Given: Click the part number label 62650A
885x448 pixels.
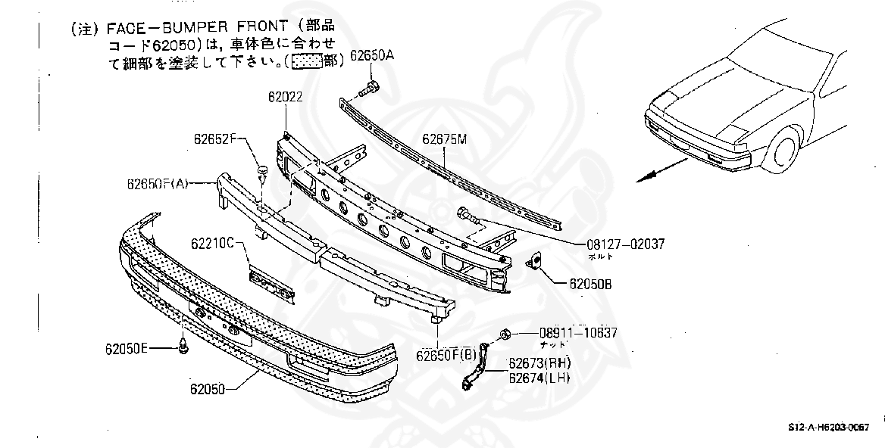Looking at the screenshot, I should (374, 58).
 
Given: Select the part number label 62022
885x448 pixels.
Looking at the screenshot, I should (285, 97).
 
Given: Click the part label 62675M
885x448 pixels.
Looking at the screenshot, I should (445, 138).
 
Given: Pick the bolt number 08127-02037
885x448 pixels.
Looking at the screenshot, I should (624, 244).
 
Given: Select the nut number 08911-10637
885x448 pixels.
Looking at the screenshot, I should (578, 333).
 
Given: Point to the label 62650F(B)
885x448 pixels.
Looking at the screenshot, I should (446, 353).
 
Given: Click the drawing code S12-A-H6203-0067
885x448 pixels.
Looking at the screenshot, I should (827, 428).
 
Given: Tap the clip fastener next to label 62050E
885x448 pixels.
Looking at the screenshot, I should (183, 347).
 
